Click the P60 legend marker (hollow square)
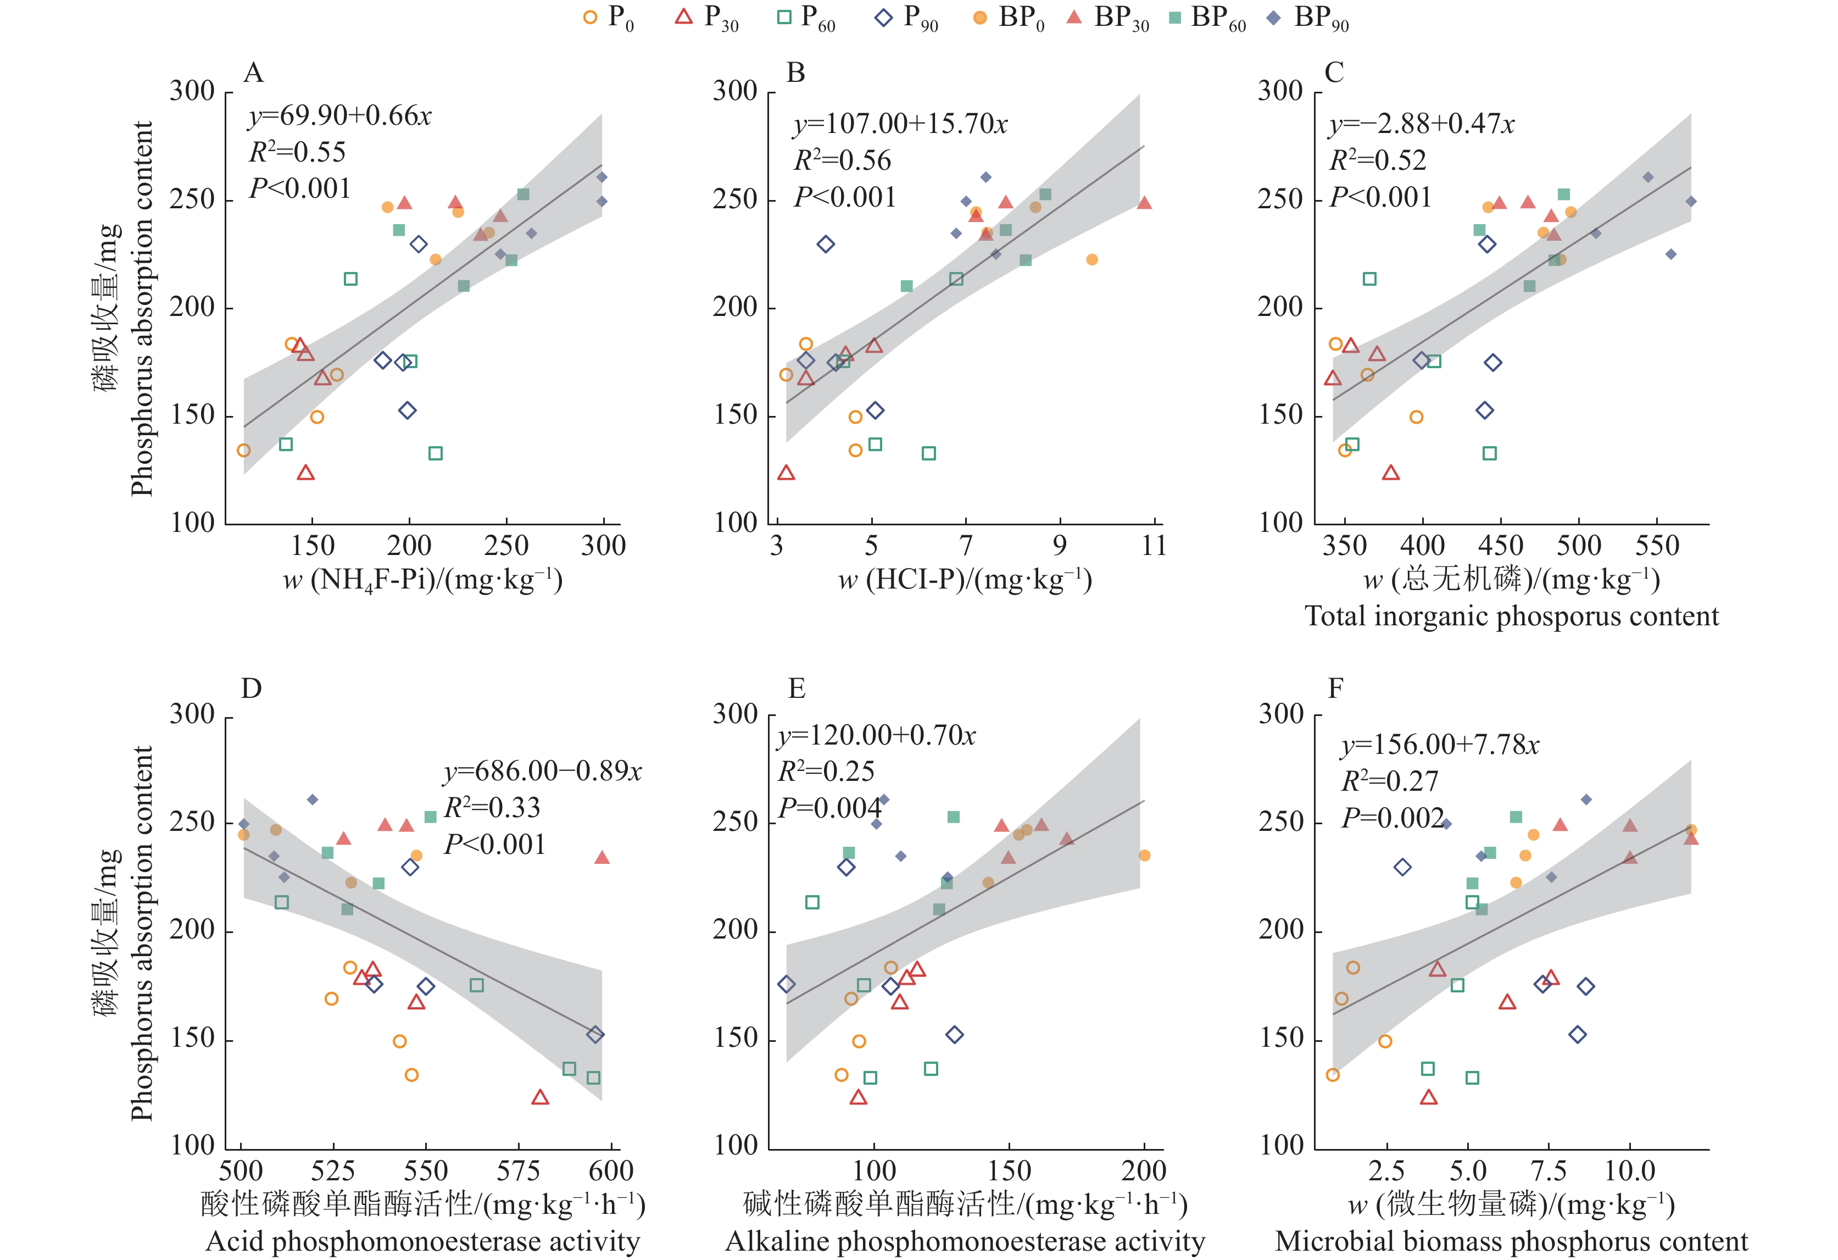coord(784,18)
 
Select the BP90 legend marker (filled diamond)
coord(1273,18)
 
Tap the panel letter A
coord(253,73)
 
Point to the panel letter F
coord(1335,689)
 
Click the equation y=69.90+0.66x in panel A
coord(340,116)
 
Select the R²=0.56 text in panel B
coord(842,160)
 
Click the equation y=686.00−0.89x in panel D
coord(543,771)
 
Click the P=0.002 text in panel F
coord(1392,818)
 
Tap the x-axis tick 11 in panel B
coord(1154,546)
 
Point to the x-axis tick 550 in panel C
coord(1657,546)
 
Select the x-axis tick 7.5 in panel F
coord(1549,1170)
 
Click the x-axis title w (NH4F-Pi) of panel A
coord(422,581)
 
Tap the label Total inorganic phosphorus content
coord(1511,616)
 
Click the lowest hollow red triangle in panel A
coord(306,473)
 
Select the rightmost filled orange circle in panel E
coord(1144,856)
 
